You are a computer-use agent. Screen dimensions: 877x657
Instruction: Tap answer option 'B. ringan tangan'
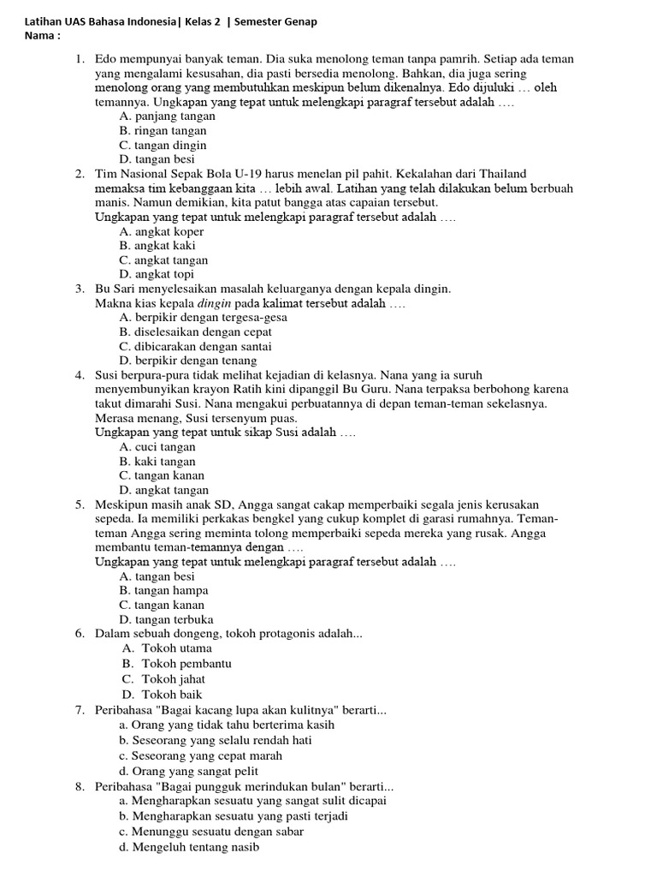tap(163, 131)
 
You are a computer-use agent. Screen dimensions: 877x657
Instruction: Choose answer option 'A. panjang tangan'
tap(166, 116)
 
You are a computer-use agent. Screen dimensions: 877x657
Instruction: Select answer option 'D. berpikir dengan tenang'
tap(188, 361)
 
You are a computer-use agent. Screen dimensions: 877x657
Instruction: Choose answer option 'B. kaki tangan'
tap(158, 461)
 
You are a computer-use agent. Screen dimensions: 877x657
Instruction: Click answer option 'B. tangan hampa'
tap(163, 590)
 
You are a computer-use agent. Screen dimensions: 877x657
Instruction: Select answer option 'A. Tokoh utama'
tap(167, 648)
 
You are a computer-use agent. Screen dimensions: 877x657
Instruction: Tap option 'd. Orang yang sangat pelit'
tap(189, 771)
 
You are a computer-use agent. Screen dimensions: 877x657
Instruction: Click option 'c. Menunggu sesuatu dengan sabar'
tap(211, 832)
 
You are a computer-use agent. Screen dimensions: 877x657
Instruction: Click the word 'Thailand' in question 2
tap(503, 174)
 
